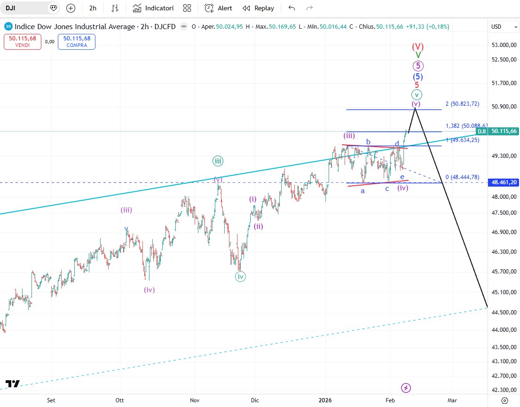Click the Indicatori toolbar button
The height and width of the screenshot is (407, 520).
click(x=153, y=8)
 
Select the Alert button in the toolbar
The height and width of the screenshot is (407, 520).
click(x=219, y=8)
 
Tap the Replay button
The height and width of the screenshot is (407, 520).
click(x=258, y=8)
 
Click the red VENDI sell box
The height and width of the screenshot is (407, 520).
click(x=22, y=42)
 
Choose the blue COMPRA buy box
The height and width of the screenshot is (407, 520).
click(x=77, y=42)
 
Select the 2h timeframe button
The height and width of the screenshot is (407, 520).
click(x=93, y=8)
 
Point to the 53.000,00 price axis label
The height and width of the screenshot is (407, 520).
click(x=503, y=45)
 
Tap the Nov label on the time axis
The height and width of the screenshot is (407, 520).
click(x=195, y=400)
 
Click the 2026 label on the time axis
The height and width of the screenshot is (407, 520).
click(x=325, y=400)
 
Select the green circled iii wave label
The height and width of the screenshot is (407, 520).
click(x=218, y=161)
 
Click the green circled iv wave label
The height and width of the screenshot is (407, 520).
click(x=241, y=276)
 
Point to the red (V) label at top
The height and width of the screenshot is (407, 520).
click(x=418, y=47)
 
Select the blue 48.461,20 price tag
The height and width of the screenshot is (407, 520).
click(x=503, y=182)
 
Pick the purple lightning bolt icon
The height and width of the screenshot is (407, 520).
click(x=406, y=388)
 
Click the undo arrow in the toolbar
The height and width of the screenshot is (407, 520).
click(x=292, y=8)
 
